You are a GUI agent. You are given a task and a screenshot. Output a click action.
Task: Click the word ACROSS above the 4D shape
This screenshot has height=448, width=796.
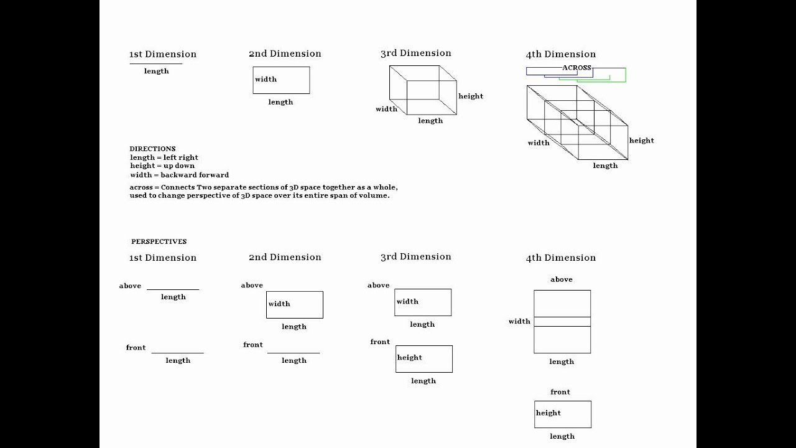[x=576, y=67]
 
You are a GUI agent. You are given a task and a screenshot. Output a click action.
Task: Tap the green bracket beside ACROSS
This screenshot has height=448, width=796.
[x=624, y=75]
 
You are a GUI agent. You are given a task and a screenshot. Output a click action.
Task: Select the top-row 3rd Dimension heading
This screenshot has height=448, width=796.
[x=415, y=54]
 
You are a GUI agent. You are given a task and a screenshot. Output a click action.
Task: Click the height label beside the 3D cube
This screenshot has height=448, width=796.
[x=470, y=96]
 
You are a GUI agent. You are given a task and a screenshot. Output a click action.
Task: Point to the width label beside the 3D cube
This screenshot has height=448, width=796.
[x=386, y=110]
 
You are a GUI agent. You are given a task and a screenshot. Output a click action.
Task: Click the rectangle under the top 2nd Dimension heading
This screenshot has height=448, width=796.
[x=281, y=80]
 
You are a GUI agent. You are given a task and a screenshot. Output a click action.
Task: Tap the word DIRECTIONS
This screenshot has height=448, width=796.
[x=152, y=149]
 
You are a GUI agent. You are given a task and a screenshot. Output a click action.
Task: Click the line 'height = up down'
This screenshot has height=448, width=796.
[x=162, y=166]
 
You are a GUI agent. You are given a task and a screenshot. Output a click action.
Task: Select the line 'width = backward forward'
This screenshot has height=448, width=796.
[x=179, y=175]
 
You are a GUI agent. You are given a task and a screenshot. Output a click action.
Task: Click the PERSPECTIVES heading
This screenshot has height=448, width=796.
[x=159, y=241]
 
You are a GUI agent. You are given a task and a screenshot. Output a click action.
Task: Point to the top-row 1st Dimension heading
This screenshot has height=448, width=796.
[x=162, y=54]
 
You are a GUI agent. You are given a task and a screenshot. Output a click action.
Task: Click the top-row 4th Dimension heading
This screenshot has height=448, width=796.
[x=560, y=54]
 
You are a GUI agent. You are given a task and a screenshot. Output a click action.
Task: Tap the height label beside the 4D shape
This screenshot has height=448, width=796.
[x=641, y=141]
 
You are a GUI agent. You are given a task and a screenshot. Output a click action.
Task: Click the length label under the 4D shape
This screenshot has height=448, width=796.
[x=605, y=166]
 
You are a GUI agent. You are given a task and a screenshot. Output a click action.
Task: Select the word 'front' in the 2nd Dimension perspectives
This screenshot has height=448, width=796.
[x=252, y=345]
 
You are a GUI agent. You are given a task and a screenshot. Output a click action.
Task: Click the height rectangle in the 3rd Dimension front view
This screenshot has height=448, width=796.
[x=424, y=359]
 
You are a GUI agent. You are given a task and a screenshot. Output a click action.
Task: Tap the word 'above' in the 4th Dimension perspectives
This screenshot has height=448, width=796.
[x=561, y=279]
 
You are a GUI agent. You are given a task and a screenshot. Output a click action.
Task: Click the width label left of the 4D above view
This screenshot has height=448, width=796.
[x=519, y=322]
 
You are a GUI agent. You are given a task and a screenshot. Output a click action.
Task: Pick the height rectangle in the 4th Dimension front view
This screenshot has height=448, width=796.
[x=563, y=414]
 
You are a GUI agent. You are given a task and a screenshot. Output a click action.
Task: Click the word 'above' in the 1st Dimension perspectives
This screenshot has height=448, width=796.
[x=130, y=286]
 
